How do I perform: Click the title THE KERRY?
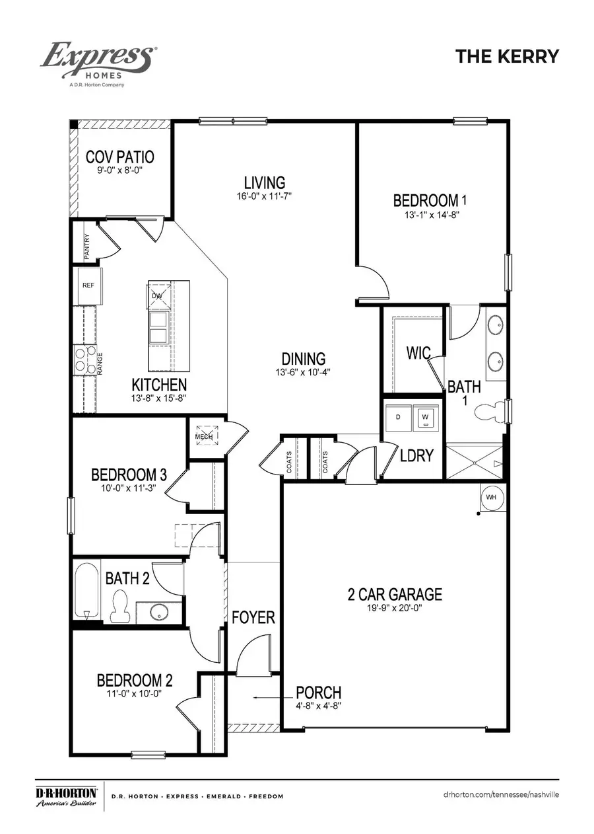click(507, 56)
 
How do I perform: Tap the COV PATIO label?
click(120, 157)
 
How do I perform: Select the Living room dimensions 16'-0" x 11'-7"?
click(265, 196)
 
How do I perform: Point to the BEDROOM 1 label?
click(425, 200)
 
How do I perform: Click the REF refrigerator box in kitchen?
click(88, 285)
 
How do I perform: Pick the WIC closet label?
click(419, 352)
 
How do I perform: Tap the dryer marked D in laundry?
click(398, 417)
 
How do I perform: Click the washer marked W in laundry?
click(425, 417)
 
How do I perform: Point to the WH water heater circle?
click(491, 496)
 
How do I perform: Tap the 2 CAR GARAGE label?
click(395, 593)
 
